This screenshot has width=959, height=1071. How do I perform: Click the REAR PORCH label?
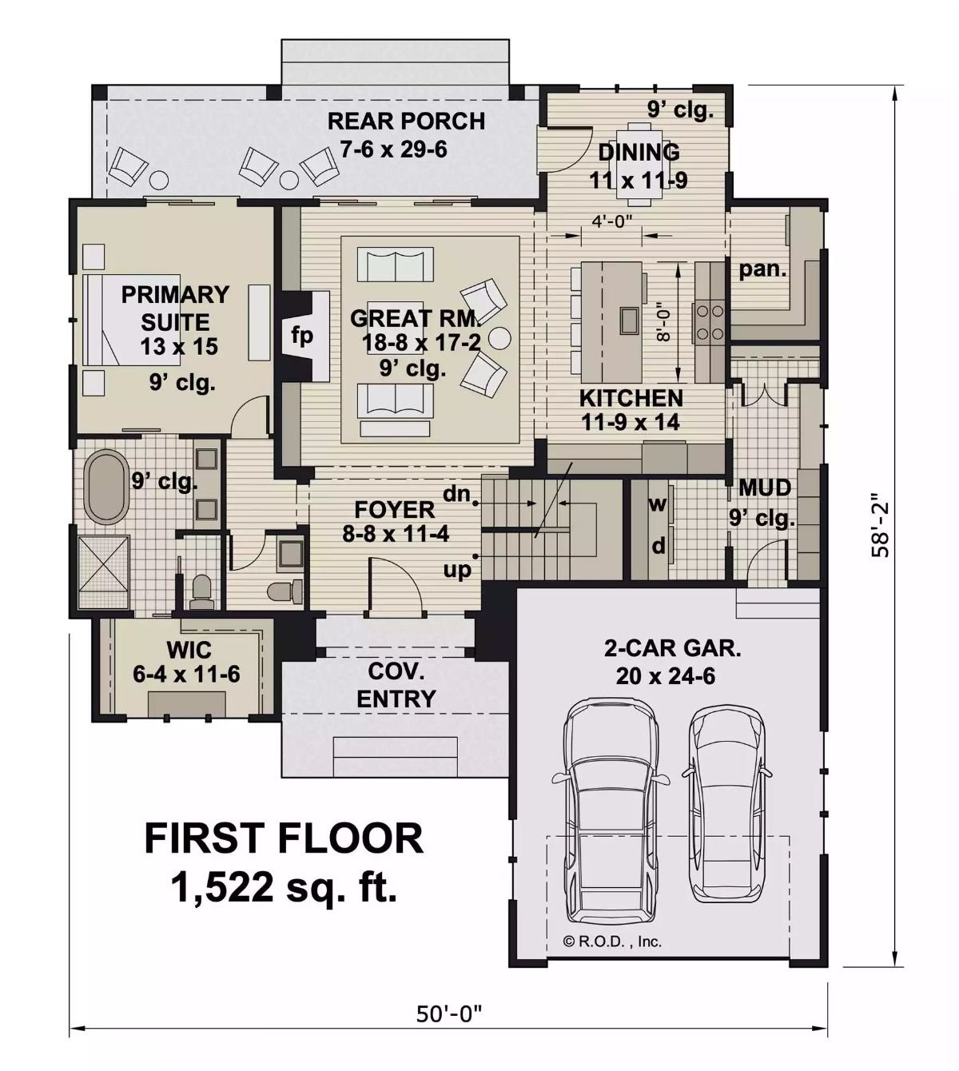pyautogui.click(x=406, y=121)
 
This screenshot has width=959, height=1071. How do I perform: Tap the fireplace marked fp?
pyautogui.click(x=301, y=336)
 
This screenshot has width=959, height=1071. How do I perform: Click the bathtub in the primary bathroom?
pyautogui.click(x=105, y=488)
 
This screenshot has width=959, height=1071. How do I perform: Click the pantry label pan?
pyautogui.click(x=762, y=269)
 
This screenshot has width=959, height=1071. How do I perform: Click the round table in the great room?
pyautogui.click(x=500, y=337)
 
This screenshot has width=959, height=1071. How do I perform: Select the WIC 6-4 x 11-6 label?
pyautogui.click(x=187, y=660)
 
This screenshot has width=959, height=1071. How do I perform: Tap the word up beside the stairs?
pyautogui.click(x=458, y=569)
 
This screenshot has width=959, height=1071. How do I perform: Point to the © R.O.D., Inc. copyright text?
pyautogui.click(x=612, y=942)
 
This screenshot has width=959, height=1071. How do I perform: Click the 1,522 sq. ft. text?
pyautogui.click(x=284, y=886)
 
